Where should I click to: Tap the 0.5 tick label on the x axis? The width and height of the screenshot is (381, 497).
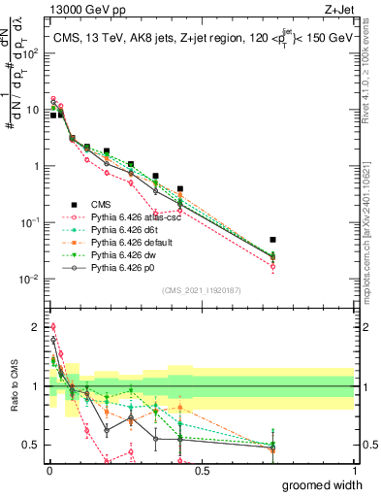tap(201, 470)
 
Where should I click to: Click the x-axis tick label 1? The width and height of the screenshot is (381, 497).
tap(353, 470)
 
